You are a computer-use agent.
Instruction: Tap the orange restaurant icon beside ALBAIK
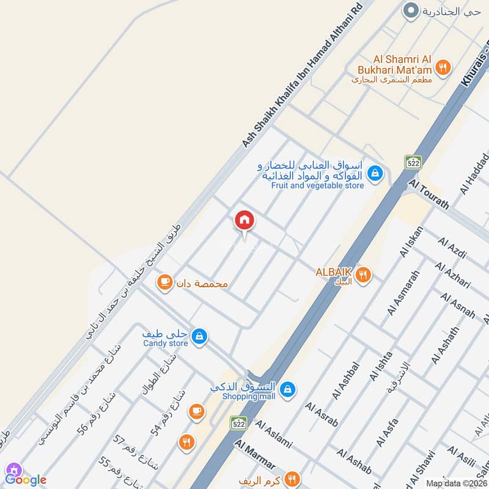(364, 275)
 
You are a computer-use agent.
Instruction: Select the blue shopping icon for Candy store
(199, 336)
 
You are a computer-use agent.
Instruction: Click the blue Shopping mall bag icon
(289, 388)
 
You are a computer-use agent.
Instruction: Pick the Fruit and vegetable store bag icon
(375, 174)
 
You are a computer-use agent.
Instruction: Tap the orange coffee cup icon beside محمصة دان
(164, 282)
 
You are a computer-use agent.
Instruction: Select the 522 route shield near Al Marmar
(238, 423)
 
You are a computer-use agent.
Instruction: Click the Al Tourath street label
(429, 194)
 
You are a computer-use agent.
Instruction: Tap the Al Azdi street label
(452, 248)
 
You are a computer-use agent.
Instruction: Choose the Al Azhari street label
(453, 275)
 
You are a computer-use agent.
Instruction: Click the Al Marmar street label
(253, 455)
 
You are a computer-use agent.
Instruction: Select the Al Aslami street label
(273, 434)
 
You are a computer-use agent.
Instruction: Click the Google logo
(26, 480)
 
